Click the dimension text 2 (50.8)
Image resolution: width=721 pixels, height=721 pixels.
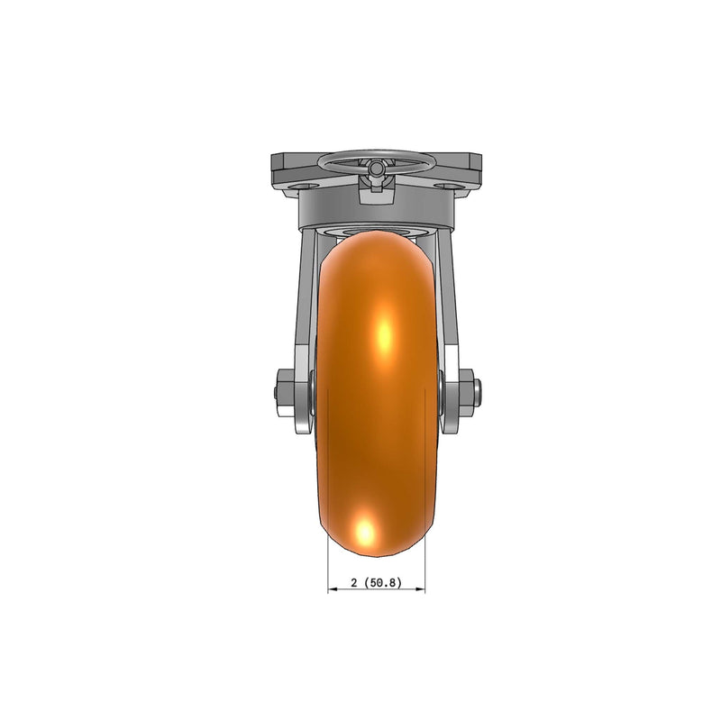(x=376, y=582)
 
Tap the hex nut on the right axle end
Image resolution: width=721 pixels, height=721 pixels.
(x=469, y=393)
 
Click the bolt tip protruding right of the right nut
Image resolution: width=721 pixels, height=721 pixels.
(x=485, y=393)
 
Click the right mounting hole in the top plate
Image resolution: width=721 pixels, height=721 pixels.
(x=445, y=185)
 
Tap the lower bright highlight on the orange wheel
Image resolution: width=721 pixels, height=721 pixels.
(x=365, y=532)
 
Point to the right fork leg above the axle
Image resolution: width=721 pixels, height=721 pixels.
(x=449, y=297)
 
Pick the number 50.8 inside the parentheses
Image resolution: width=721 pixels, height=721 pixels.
(x=384, y=582)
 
